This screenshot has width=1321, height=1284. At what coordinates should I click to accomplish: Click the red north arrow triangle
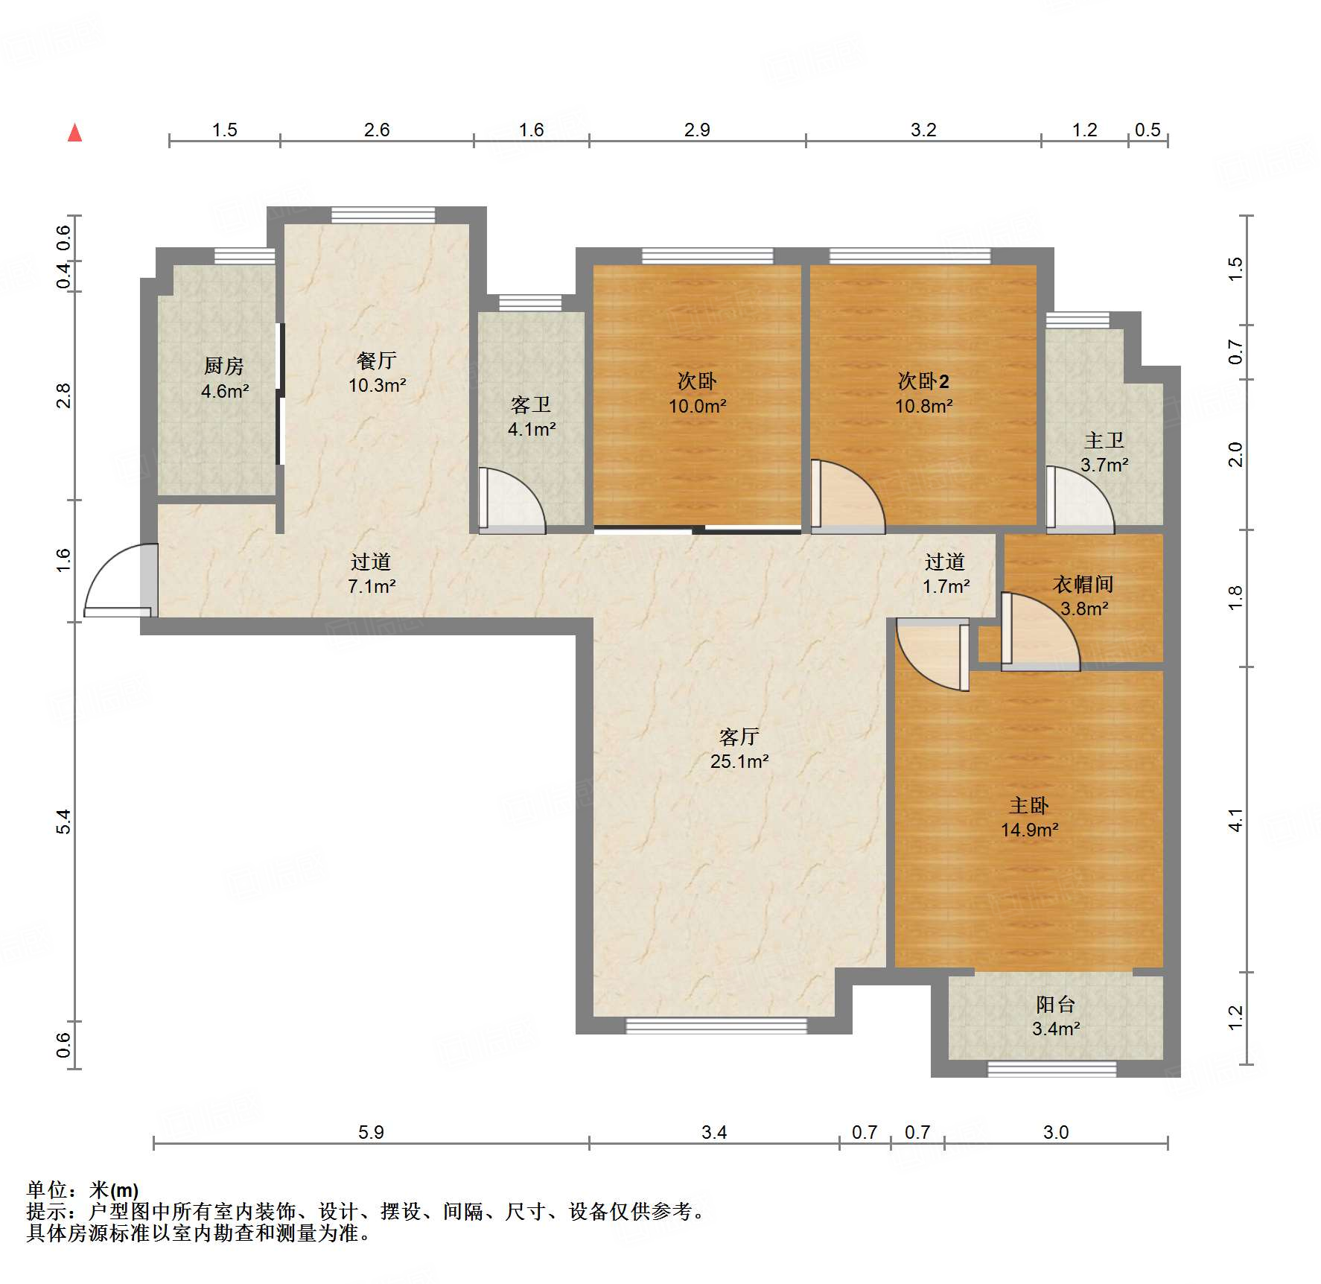tap(74, 133)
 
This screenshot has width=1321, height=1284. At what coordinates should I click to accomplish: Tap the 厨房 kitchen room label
tap(223, 366)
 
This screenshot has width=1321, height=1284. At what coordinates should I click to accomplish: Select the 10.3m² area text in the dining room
tap(377, 386)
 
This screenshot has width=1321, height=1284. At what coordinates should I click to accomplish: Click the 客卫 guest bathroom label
tap(531, 404)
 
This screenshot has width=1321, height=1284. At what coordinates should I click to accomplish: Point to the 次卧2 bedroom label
tap(923, 381)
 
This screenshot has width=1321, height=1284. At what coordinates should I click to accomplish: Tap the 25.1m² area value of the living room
tap(739, 761)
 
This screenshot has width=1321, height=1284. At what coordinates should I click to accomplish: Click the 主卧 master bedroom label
tap(1029, 805)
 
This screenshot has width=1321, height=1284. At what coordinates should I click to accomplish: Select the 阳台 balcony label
tap(1055, 1005)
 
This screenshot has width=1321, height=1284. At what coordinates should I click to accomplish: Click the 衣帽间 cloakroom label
tap(1083, 584)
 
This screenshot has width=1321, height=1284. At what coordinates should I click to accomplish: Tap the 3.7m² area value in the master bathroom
tap(1104, 465)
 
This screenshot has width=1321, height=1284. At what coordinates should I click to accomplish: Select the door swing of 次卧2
tap(845, 495)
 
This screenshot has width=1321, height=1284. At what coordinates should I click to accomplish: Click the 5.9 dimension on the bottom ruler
tap(371, 1133)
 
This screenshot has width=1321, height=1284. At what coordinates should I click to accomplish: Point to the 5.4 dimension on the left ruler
tap(64, 821)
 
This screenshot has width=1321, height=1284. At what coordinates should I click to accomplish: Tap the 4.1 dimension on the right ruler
tap(1235, 820)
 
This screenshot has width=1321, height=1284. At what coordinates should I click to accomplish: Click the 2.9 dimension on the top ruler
tap(697, 130)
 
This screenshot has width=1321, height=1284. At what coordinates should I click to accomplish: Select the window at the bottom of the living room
tap(716, 1026)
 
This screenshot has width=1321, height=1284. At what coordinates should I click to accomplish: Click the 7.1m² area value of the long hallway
tap(372, 586)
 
